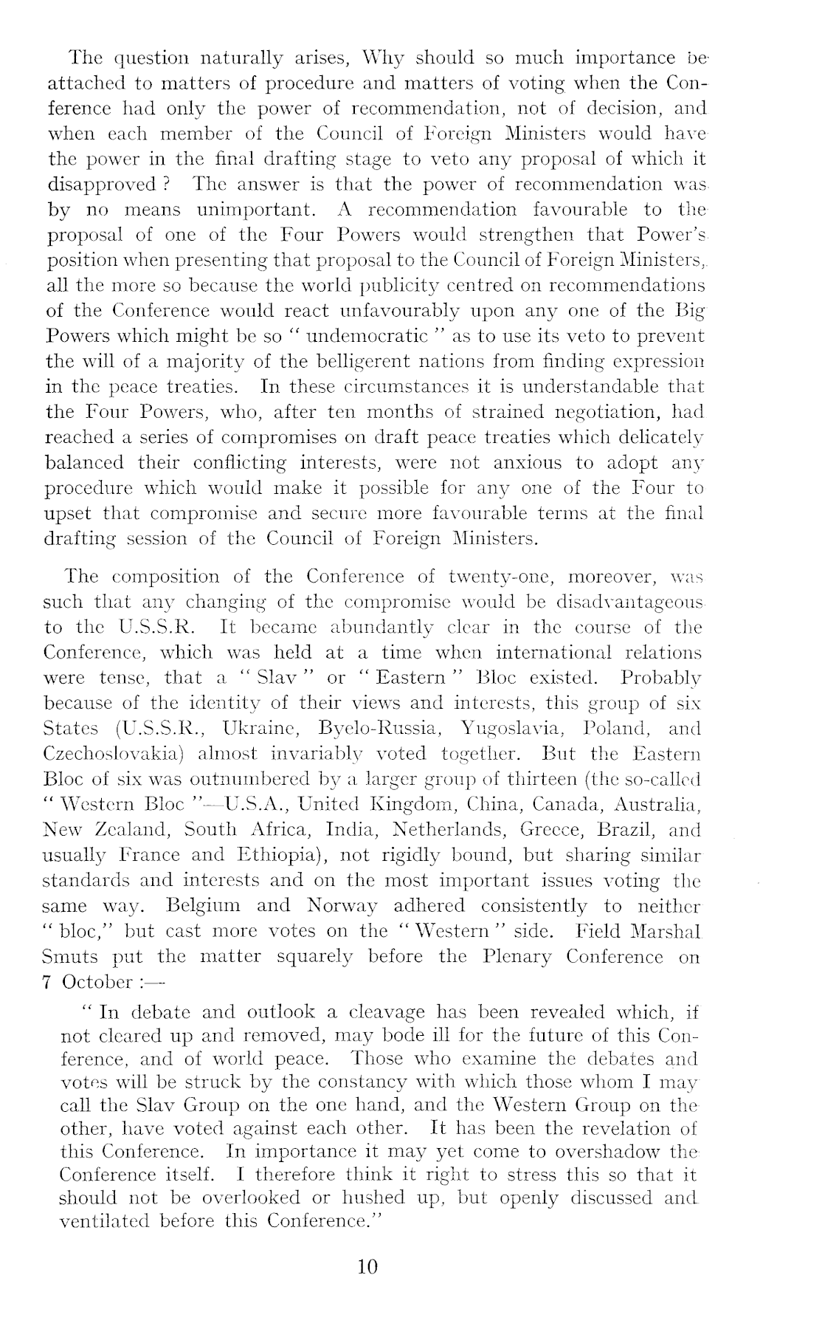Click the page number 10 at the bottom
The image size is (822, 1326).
click(x=367, y=1266)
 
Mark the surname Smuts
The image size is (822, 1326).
click(x=71, y=956)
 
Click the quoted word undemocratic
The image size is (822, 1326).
click(x=369, y=336)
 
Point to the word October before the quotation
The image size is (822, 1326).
click(x=97, y=982)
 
